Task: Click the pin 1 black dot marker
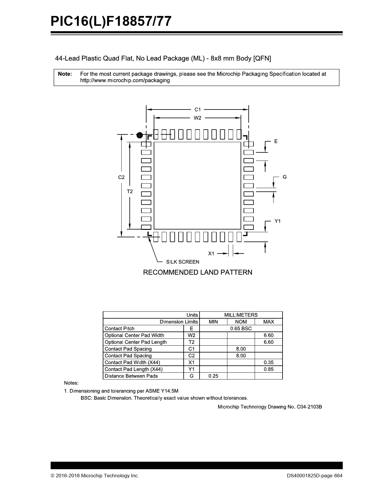[139, 135]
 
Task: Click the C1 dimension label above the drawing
[197, 109]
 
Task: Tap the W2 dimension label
[197, 118]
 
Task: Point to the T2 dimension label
[129, 191]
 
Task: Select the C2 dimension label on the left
[121, 177]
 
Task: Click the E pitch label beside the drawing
[276, 141]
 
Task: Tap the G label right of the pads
[285, 177]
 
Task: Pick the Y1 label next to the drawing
[278, 221]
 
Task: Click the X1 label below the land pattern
[211, 253]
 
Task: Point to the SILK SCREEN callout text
[182, 262]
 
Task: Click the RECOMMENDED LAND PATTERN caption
[197, 272]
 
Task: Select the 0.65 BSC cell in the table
[241, 328]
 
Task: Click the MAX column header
[268, 322]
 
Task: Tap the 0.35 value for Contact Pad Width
[268, 362]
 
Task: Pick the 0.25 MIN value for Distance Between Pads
[213, 376]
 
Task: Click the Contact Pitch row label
[120, 328]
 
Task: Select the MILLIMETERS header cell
[241, 315]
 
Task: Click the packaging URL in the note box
[125, 81]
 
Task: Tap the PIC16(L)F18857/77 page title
[111, 22]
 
